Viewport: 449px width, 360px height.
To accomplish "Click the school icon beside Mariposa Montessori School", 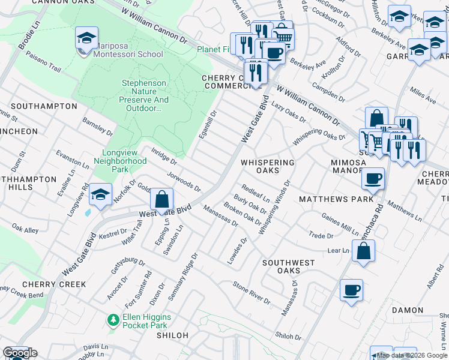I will pyautogui.click(x=86, y=38).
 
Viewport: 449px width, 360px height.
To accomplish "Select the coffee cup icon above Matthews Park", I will pyautogui.click(x=373, y=178).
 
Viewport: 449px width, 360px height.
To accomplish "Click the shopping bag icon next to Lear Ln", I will pyautogui.click(x=363, y=251).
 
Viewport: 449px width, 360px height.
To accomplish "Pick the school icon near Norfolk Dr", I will pyautogui.click(x=99, y=195).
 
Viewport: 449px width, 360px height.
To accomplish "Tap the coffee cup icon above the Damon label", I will pyautogui.click(x=351, y=290).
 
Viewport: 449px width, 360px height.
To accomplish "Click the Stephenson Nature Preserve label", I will pyautogui.click(x=144, y=96).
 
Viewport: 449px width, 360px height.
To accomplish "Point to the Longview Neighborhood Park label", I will pyautogui.click(x=120, y=161).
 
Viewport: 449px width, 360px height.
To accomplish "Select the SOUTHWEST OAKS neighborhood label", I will pyautogui.click(x=288, y=266).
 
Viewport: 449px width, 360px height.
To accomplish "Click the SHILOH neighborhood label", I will pyautogui.click(x=172, y=335).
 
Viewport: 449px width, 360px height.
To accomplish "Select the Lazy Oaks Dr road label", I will pyautogui.click(x=289, y=111).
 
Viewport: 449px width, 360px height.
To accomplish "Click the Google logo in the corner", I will pyautogui.click(x=20, y=353).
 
